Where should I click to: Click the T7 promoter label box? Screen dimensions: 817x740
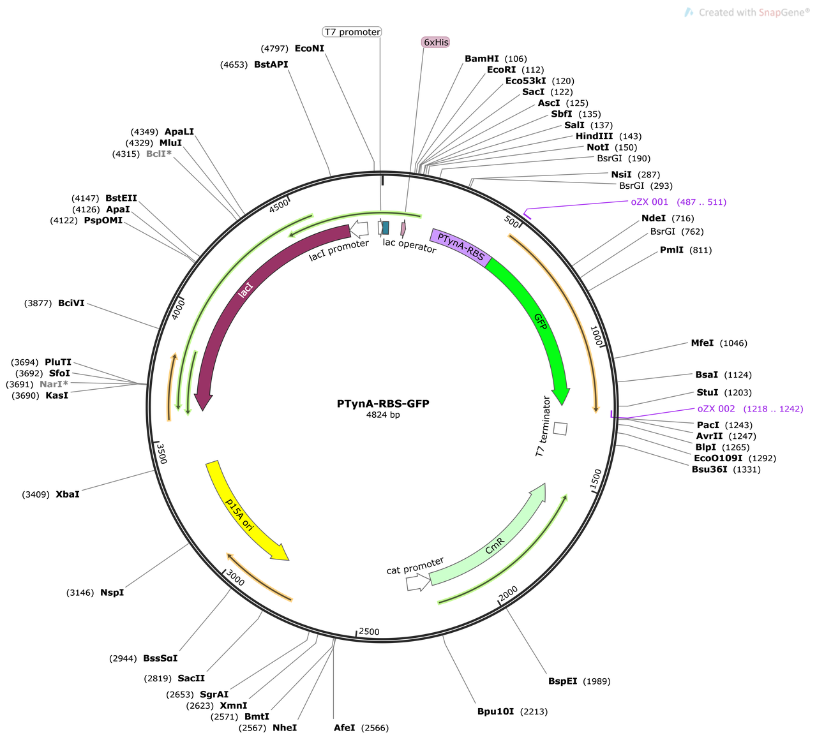pyautogui.click(x=352, y=32)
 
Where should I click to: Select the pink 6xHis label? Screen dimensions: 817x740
pyautogui.click(x=435, y=42)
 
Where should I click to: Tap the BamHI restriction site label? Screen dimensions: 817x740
pyautogui.click(x=481, y=59)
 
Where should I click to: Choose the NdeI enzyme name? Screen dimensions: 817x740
pyautogui.click(x=653, y=218)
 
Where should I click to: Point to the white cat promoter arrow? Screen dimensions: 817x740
pyautogui.click(x=418, y=582)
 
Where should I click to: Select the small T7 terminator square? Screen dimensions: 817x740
pyautogui.click(x=560, y=429)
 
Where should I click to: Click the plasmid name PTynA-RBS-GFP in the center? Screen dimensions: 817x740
pyautogui.click(x=383, y=403)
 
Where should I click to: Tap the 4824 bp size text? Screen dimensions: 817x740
pyautogui.click(x=383, y=415)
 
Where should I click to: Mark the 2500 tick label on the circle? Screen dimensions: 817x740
pyautogui.click(x=369, y=632)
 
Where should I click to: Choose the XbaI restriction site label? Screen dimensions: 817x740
pyautogui.click(x=68, y=494)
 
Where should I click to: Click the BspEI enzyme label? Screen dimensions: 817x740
pyautogui.click(x=562, y=681)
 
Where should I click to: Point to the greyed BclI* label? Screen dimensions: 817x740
pyautogui.click(x=159, y=154)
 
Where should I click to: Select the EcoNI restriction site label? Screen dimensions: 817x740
pyautogui.click(x=310, y=48)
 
